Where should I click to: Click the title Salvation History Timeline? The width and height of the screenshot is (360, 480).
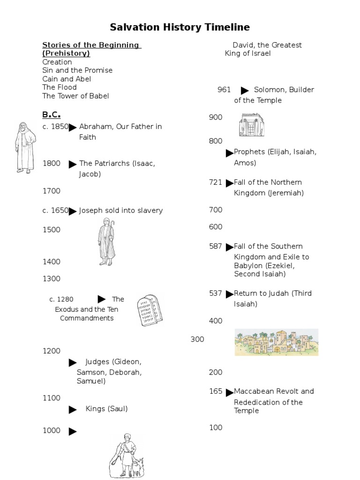coord(180,27)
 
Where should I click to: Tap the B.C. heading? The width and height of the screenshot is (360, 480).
coord(51,114)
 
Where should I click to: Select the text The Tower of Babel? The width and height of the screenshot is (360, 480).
coord(75,96)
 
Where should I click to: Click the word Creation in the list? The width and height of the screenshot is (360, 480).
coord(57,62)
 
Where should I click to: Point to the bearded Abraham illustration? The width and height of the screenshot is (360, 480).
coord(24,148)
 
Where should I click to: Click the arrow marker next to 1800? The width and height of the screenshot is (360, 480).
coord(73,165)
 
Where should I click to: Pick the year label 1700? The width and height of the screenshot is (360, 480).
coord(51,191)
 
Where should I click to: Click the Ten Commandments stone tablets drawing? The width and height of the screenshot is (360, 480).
coord(150,310)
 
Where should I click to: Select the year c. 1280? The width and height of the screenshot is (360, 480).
coord(61,299)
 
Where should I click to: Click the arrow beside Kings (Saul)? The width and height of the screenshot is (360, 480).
coord(73,410)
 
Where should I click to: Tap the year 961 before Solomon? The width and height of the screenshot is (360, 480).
coord(224,90)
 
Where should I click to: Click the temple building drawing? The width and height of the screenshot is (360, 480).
coord(251,125)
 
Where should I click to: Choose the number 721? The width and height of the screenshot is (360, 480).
coord(216,182)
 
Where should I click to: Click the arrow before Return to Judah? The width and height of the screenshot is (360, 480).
coord(229,294)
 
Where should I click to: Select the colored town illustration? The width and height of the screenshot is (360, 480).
coord(276,342)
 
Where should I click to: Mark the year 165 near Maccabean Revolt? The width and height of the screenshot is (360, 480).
coord(216,391)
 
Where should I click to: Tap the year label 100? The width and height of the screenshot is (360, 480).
coord(216,427)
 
